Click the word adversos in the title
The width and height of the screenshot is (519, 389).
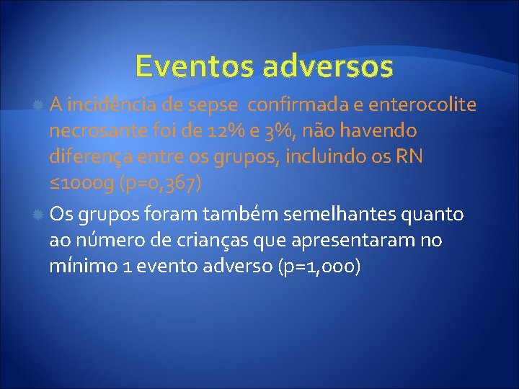pos(328,66)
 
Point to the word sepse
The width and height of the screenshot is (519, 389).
pos(214,105)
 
